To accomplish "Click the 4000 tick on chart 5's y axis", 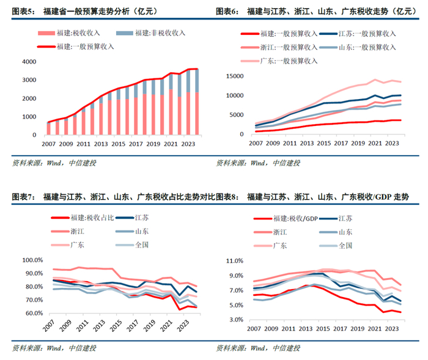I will pyautogui.click(x=29, y=62).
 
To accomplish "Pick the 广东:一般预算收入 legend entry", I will pyautogui.click(x=289, y=61).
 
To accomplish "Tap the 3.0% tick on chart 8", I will pyautogui.click(x=235, y=320).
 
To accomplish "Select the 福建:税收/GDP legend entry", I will pyautogui.click(x=287, y=218).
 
